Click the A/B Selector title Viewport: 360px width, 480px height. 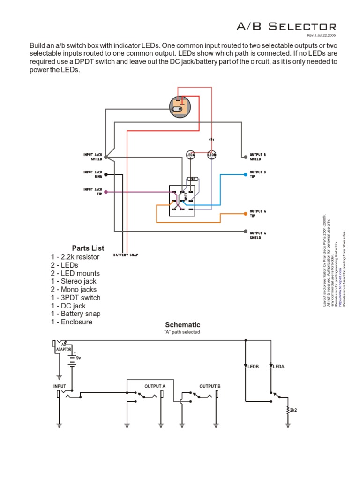[x=286, y=27]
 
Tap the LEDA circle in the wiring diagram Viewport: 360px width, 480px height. [x=191, y=154]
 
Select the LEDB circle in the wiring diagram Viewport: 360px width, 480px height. [x=212, y=154]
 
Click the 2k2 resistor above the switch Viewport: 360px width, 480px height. [x=192, y=179]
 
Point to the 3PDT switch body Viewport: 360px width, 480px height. [x=182, y=200]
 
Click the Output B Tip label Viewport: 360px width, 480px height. [x=258, y=174]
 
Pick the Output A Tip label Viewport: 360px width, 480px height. [x=258, y=213]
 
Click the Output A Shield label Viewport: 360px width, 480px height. [x=258, y=235]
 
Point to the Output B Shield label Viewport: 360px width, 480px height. [x=258, y=156]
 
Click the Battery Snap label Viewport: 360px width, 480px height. [x=126, y=255]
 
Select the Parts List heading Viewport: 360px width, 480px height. [x=88, y=248]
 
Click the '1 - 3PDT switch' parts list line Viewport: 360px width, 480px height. [x=75, y=298]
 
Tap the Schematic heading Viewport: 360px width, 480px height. [x=182, y=324]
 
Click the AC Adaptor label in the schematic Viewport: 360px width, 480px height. [x=64, y=347]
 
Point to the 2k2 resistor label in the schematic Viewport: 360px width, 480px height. [x=293, y=410]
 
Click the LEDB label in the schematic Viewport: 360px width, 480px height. [x=253, y=366]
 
